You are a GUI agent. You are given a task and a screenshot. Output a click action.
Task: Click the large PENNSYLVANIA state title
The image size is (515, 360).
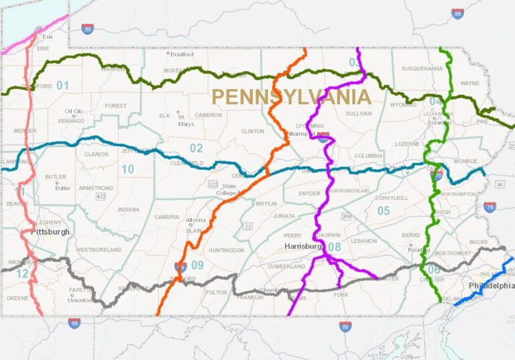point(290,97)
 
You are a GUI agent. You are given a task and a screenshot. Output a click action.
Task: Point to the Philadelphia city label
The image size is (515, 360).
point(492,286)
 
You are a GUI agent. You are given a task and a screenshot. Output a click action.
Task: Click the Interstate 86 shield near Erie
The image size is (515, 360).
point(88,29)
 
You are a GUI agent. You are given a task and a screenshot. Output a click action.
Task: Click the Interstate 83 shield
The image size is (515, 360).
point(345,326)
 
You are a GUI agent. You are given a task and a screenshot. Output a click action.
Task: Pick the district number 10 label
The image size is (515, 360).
point(127,170)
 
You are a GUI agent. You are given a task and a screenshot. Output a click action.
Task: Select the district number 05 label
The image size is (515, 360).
point(383,211)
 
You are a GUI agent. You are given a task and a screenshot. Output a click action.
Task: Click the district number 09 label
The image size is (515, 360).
point(196,265)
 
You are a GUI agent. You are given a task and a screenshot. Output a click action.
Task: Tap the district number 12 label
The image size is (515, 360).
point(22,274)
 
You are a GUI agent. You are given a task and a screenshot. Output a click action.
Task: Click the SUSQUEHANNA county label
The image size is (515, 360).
point(422,68)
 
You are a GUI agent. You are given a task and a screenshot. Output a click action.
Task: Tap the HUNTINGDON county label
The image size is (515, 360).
point(226,250)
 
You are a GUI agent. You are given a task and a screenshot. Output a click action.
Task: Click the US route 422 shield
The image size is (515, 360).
point(101,196)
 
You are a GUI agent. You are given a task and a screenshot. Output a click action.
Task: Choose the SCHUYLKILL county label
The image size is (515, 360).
point(391,198)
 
